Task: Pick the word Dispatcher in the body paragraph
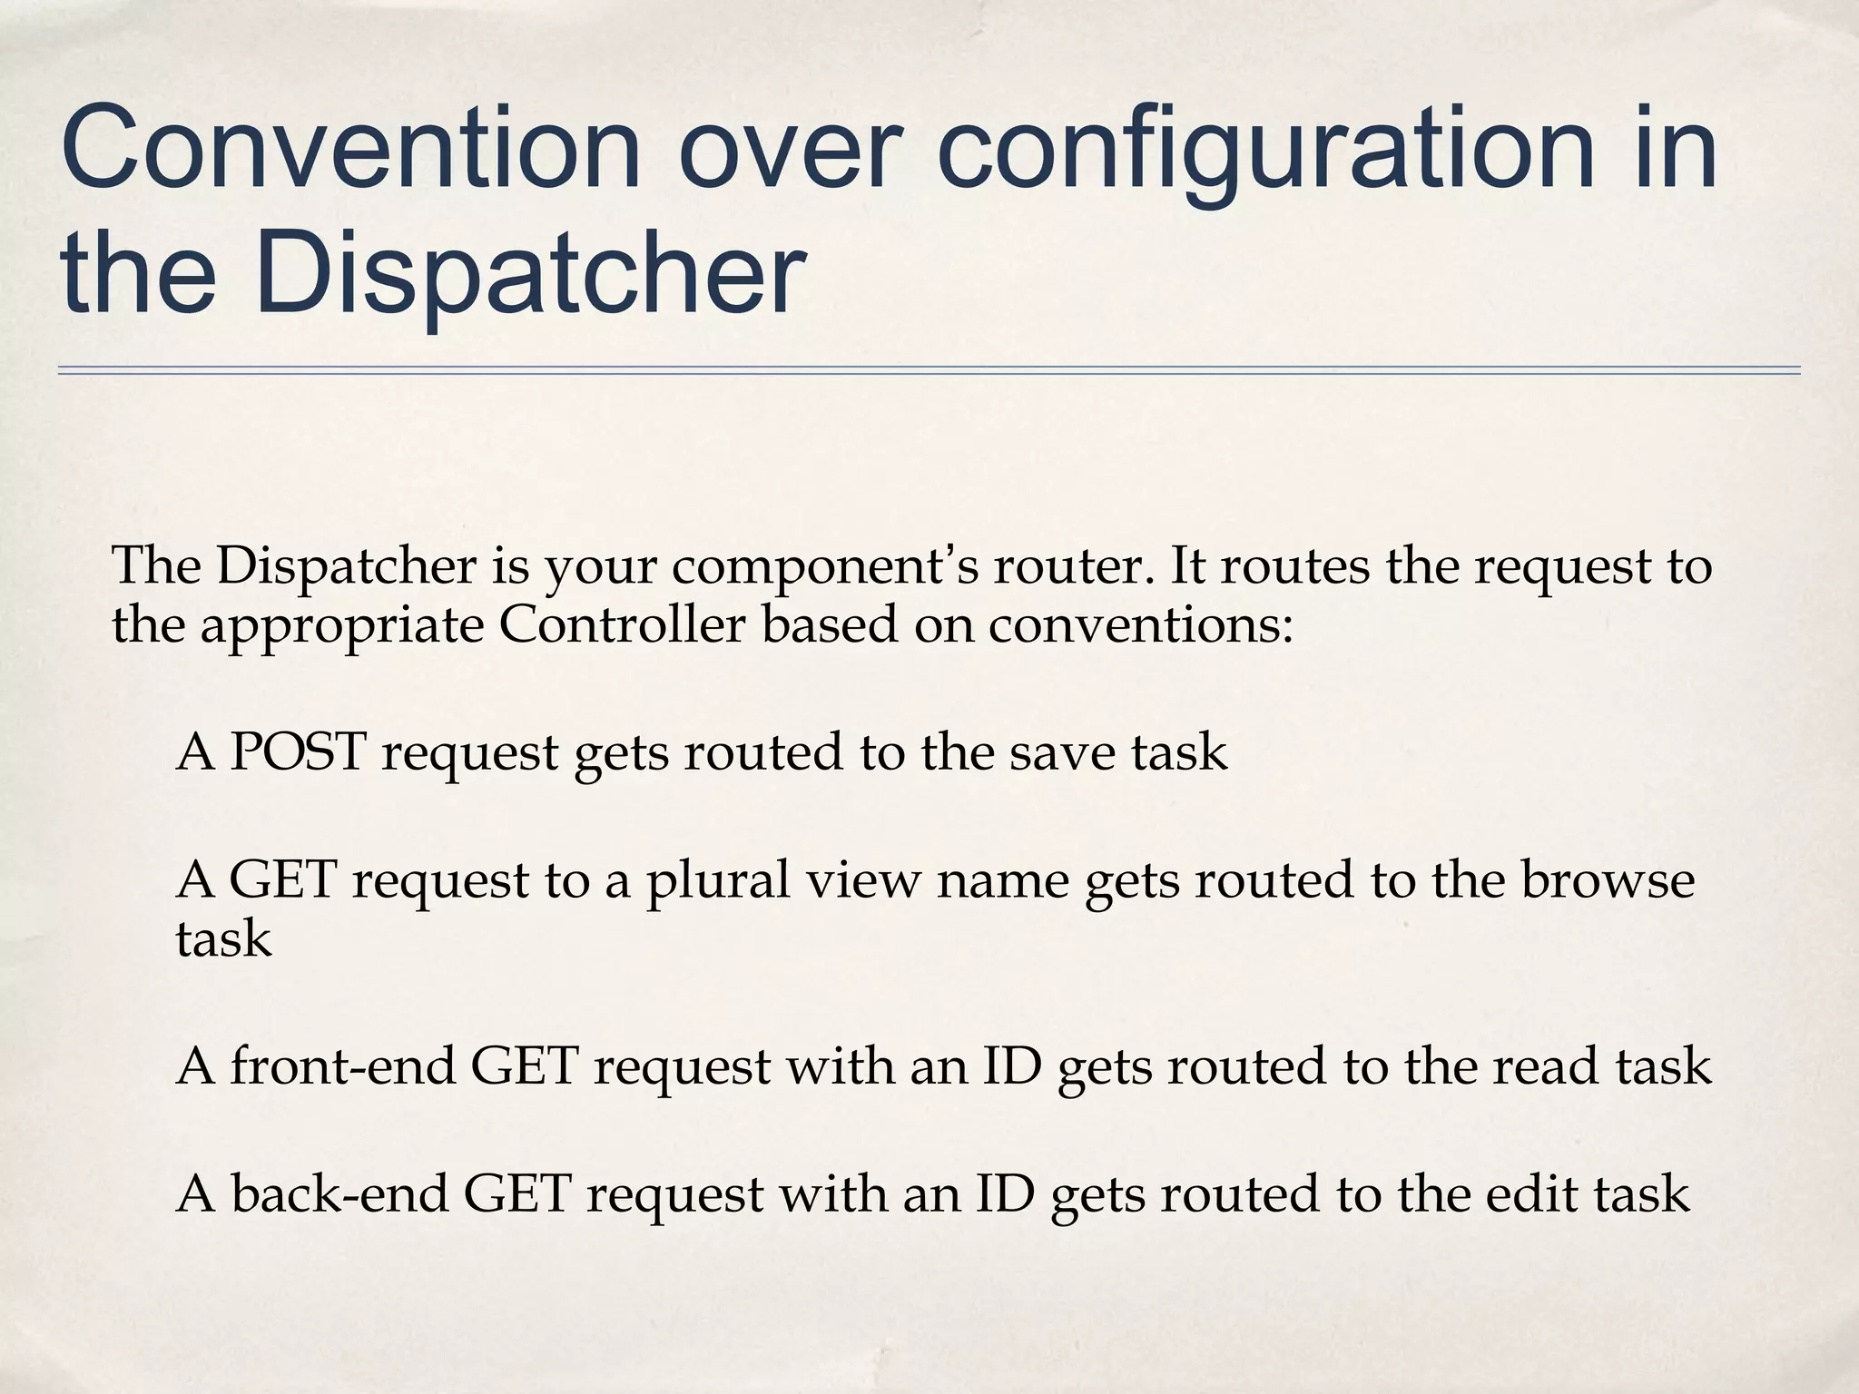(346, 567)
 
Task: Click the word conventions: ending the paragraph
(1140, 625)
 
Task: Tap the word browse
(1607, 880)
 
